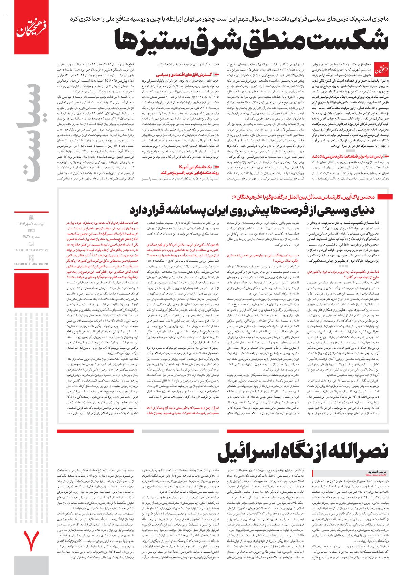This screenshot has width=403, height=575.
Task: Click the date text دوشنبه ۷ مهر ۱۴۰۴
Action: [31, 224]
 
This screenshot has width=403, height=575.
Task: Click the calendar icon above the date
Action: [31, 217]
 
